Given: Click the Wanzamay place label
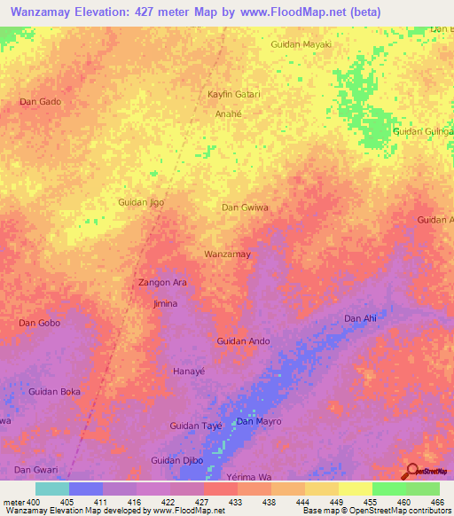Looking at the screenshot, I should coord(228,254).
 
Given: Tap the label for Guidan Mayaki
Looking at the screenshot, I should coord(301,43).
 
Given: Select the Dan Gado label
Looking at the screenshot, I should coord(40,102).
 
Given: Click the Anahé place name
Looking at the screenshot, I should coord(229,114).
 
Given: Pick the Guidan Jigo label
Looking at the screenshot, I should coord(141,203).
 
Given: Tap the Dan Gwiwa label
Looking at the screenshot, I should coord(245,207).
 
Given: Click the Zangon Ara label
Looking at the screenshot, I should coord(162,283).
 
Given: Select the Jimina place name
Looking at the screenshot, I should coord(165,304).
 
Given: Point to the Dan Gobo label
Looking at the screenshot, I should coord(40,323).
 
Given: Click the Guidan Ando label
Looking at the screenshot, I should coord(243,341).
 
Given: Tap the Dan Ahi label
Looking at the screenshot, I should coord(360,318).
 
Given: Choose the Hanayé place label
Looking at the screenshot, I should coord(189,371).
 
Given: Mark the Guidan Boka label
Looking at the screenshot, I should coord(55,392).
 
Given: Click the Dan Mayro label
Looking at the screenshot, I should coord(258,421).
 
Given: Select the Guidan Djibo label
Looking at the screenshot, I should coord(177,460).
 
